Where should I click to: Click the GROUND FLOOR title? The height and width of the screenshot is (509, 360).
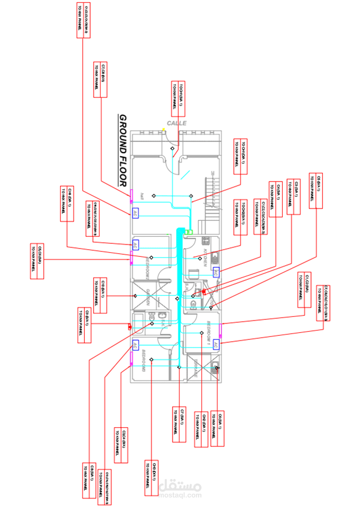click(x=124, y=150)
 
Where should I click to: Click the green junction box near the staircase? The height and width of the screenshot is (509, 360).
click(x=189, y=232)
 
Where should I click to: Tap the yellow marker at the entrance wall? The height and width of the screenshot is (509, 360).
click(x=164, y=130)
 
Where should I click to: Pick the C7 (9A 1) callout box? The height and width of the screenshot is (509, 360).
click(x=179, y=424)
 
